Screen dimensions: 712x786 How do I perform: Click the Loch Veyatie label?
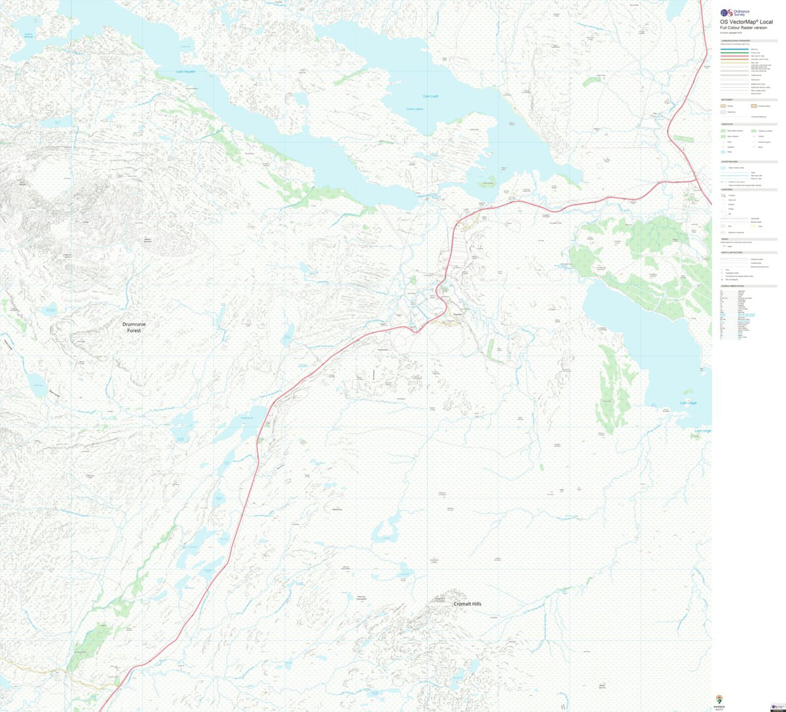click(186, 72)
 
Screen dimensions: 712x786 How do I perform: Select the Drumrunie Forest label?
click(134, 327)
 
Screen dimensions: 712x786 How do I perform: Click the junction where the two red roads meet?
click(694, 178)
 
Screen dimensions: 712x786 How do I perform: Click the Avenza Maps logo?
click(720, 700)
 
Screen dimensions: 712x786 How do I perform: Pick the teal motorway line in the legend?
click(734, 48)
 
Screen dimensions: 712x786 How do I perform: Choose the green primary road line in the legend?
click(734, 52)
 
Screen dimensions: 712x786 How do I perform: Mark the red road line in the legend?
click(734, 56)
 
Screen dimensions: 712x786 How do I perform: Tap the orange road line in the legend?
click(734, 60)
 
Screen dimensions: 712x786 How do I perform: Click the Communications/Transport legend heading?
click(734, 40)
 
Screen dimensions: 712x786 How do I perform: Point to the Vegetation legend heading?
click(727, 124)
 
